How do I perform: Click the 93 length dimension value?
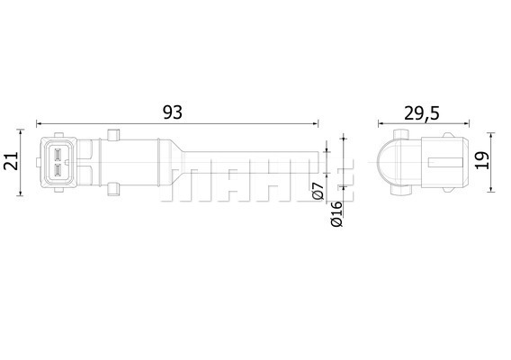(x=173, y=112)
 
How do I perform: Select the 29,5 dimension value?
(x=422, y=113)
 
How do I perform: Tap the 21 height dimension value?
(x=11, y=161)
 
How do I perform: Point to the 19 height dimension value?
(x=482, y=160)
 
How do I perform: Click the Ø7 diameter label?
(x=318, y=191)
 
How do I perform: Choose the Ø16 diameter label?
(x=336, y=213)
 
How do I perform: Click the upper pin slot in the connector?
(x=58, y=154)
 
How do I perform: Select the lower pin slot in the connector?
(x=58, y=170)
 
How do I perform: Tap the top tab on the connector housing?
(x=59, y=135)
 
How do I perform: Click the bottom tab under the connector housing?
(x=59, y=190)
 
